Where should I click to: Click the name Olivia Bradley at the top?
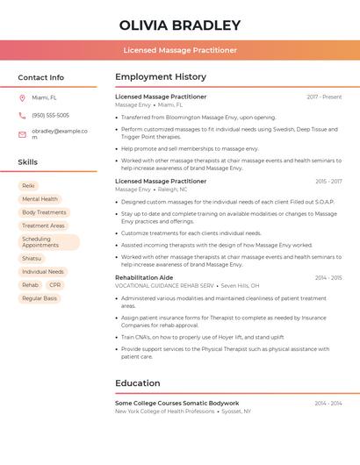coord(180,25)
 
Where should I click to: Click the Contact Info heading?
coord(41,77)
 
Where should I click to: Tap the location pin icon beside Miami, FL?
coord(22,98)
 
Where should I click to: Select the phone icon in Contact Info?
coord(22,115)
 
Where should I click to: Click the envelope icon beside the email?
coord(22,133)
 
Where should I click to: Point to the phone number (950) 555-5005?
coord(50,115)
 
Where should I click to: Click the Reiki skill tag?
coord(28,186)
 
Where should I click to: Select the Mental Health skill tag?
coord(40,199)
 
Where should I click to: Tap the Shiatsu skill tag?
coord(32,259)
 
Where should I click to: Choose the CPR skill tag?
coord(55,285)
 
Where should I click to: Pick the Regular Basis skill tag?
coord(40,298)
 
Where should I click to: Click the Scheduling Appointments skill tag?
coord(48,242)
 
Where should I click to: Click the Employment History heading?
coord(161,77)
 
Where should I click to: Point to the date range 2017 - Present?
coord(324,97)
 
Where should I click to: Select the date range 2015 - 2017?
coord(328,182)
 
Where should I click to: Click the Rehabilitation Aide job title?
coord(144,277)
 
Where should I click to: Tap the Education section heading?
coord(138,383)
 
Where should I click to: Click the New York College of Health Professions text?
coord(164,411)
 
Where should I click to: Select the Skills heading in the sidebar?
coord(28,162)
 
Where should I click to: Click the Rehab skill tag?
coord(30,285)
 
